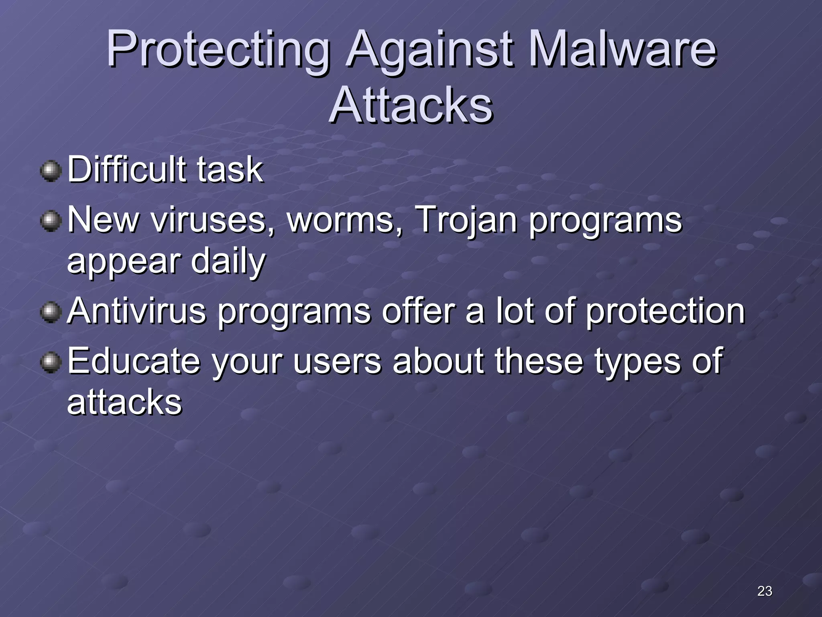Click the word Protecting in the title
point(217,50)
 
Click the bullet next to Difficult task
point(51,171)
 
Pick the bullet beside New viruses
point(51,221)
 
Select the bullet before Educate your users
point(51,363)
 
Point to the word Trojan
point(466,220)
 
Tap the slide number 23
point(764,591)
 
